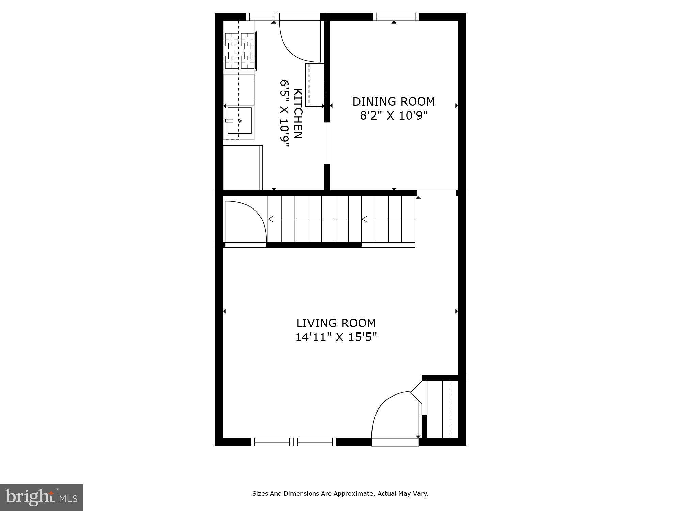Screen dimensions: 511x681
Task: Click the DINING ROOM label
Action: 394,102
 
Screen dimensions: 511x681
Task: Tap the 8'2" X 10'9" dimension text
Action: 394,116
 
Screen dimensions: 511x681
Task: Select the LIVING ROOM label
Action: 336,323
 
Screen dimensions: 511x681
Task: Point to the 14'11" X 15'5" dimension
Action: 336,337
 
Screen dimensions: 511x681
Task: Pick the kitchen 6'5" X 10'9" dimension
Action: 284,113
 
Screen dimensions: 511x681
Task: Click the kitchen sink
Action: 239,121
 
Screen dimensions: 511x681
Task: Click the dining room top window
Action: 396,17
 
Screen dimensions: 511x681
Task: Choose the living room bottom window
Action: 294,442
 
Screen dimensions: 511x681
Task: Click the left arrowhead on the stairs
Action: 271,219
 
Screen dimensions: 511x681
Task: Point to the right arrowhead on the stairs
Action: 364,219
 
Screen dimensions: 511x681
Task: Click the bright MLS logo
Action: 41,497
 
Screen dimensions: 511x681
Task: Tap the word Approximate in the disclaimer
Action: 353,493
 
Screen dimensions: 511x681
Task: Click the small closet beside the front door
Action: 442,409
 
